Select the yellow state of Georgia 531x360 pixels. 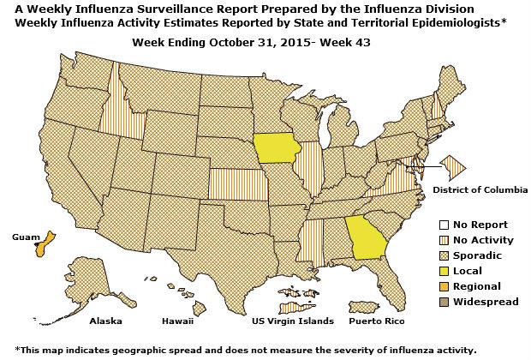pyautogui.click(x=366, y=237)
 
